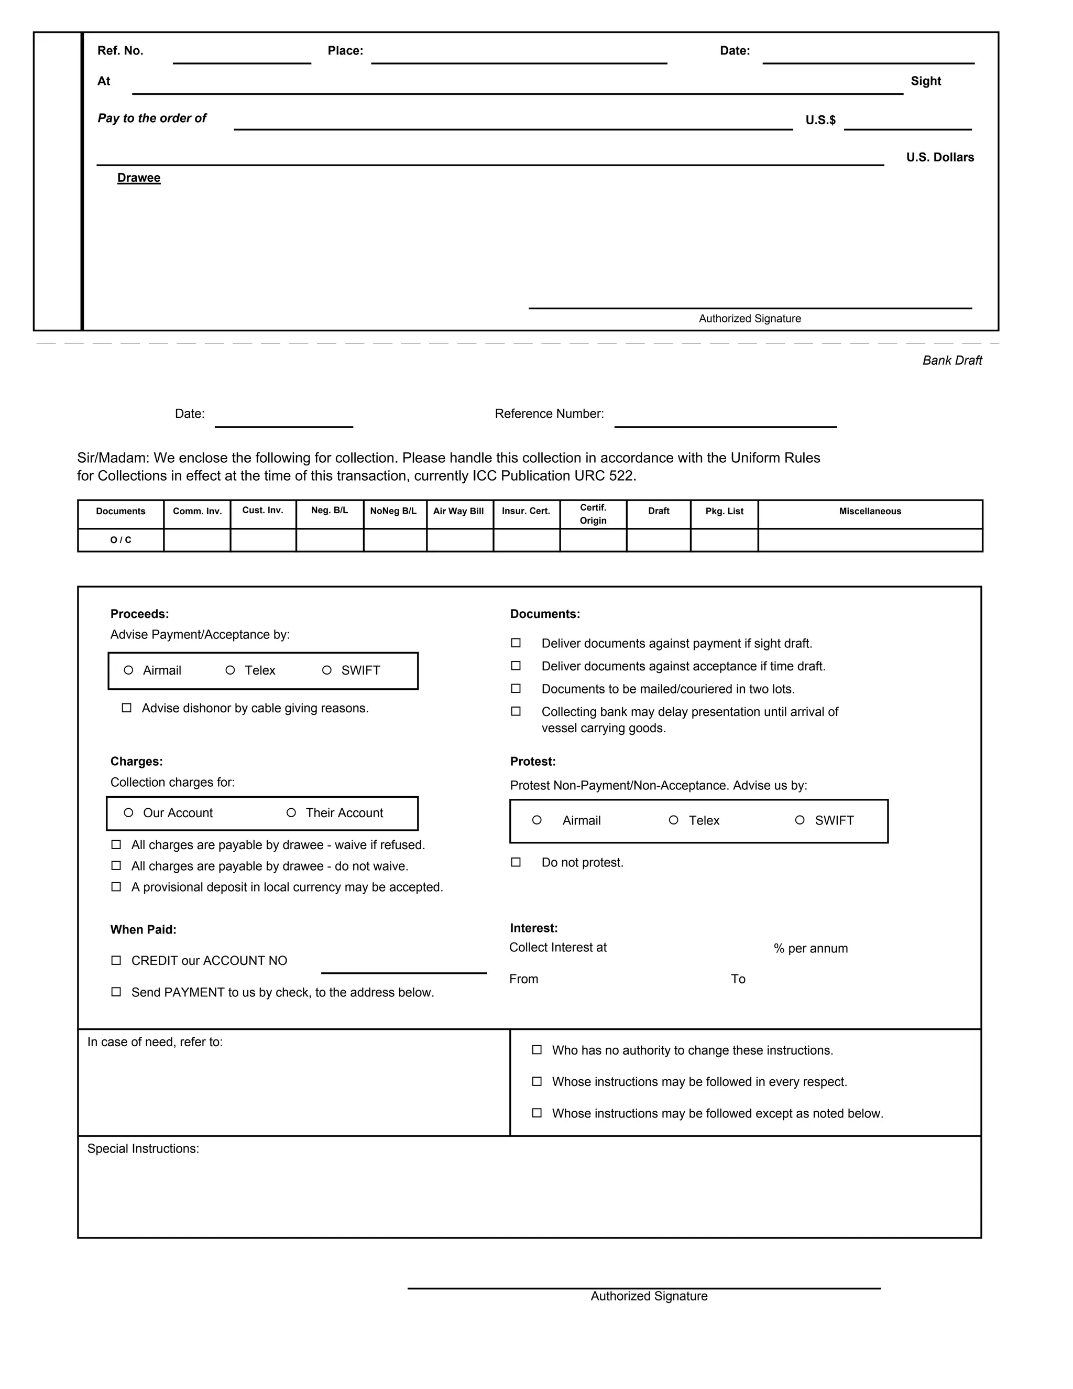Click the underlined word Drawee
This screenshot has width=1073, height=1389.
[138, 178]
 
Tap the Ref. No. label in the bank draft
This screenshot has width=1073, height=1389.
[120, 51]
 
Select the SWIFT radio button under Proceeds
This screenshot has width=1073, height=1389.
[327, 670]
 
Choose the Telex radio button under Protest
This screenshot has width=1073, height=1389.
[674, 820]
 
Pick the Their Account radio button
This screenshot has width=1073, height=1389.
[291, 813]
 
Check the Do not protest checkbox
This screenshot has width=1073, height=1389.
[516, 862]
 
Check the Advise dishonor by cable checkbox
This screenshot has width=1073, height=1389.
[126, 708]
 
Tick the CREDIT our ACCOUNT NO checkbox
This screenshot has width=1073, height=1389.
[116, 960]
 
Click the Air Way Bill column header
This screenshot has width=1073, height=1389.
[458, 512]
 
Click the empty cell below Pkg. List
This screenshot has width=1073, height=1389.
[724, 540]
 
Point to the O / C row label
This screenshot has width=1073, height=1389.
[121, 540]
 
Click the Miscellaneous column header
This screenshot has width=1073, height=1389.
[870, 512]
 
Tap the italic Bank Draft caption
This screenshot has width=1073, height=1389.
[951, 361]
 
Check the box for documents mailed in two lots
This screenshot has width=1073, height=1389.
[516, 689]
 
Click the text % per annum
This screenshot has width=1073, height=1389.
[811, 948]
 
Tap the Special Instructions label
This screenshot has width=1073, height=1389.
[143, 1148]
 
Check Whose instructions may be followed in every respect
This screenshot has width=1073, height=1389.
[537, 1081]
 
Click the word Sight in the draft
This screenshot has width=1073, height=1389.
[926, 81]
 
